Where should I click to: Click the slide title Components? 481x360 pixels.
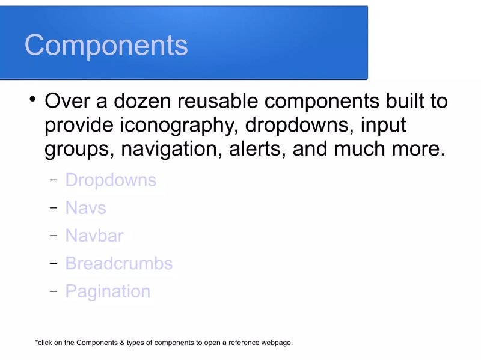106,45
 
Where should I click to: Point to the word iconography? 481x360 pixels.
180,126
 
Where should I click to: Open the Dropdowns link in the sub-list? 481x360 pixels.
111,180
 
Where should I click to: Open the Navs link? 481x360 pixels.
85,208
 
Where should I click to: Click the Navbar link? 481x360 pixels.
94,236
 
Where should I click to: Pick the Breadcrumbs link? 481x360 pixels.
118,263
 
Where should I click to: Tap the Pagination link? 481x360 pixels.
108,291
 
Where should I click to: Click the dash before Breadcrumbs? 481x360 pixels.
54,263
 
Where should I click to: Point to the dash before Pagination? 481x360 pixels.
54,291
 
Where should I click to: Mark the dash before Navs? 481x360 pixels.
54,208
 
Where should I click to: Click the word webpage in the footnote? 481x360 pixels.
276,343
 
